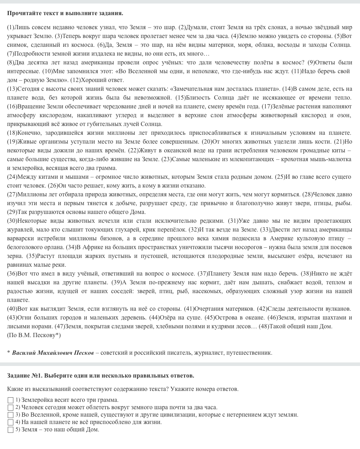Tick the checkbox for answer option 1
11,400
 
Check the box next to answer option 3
11,415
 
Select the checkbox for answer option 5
11,430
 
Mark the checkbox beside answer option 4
11,422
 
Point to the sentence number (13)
11,89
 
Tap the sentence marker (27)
11,194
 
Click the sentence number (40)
11,309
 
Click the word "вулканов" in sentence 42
338,309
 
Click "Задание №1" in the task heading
23,375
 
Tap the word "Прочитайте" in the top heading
22,13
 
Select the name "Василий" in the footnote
24,353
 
